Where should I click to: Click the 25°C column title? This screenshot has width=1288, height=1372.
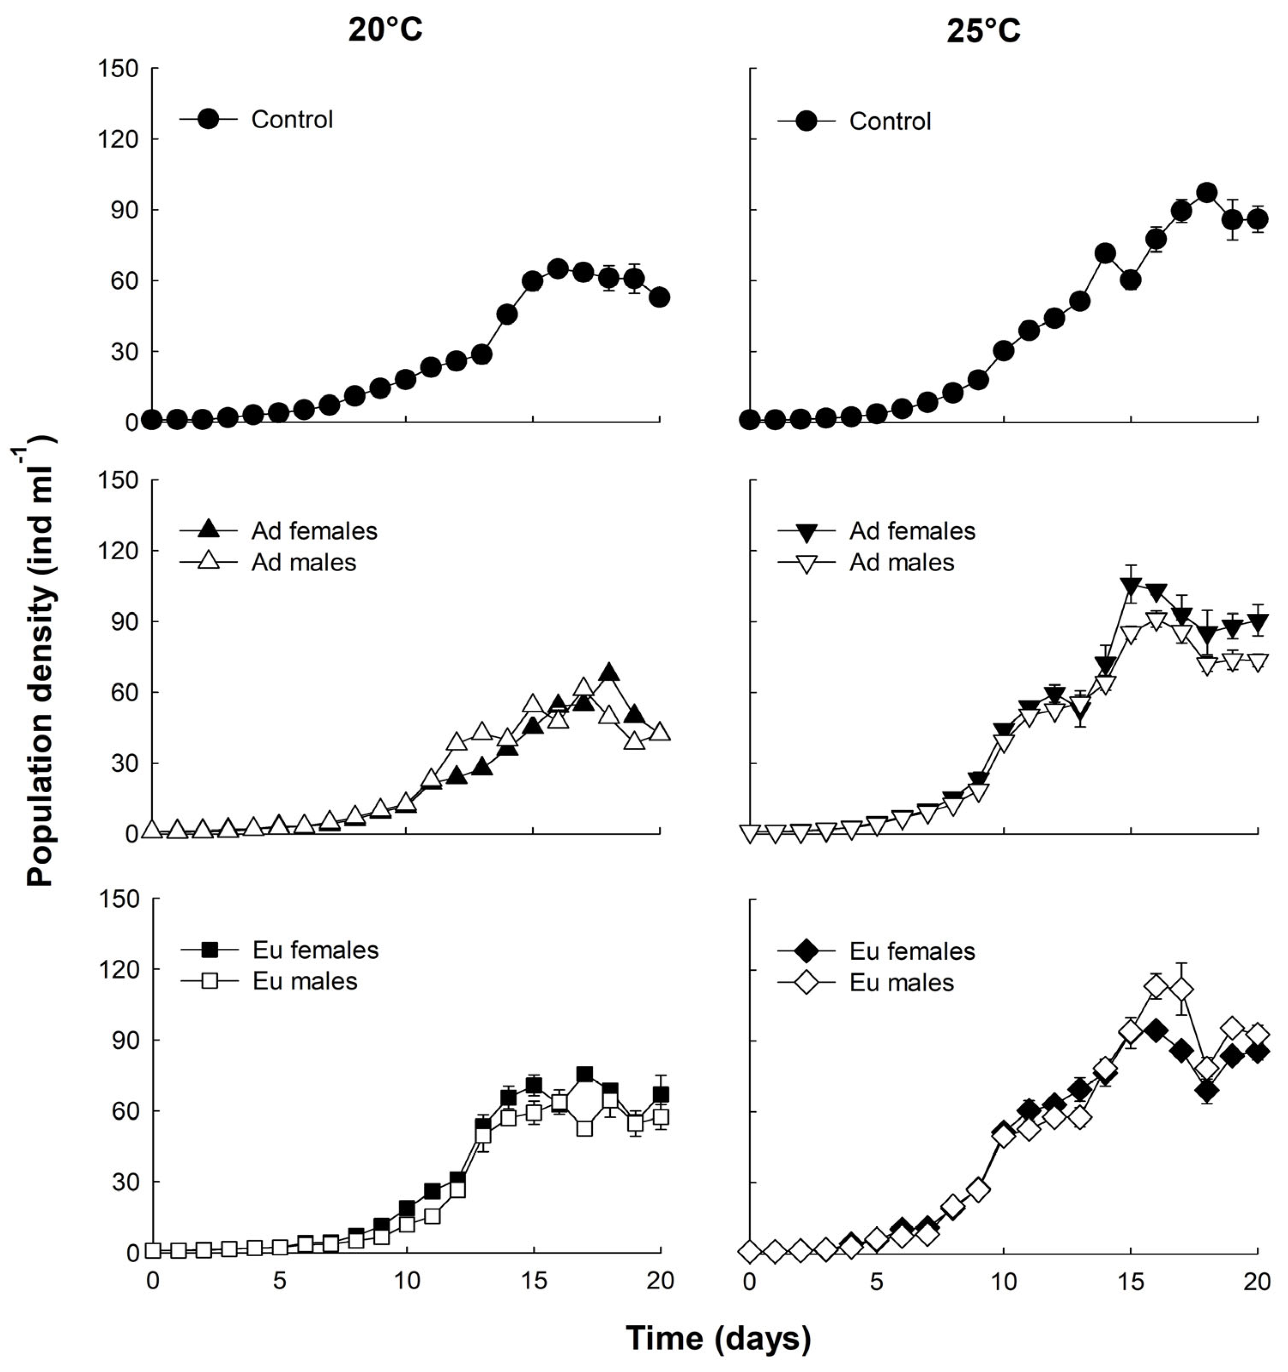point(983,31)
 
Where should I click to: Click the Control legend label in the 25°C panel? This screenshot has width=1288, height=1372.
point(890,121)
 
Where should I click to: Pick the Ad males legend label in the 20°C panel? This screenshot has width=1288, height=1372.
point(304,562)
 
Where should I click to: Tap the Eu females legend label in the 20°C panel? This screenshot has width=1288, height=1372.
point(315,950)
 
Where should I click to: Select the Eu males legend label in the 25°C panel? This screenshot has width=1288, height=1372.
point(902,983)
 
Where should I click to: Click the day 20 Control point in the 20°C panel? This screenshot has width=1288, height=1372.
point(660,298)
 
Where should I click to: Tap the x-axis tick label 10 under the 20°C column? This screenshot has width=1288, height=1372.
point(406,1282)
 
